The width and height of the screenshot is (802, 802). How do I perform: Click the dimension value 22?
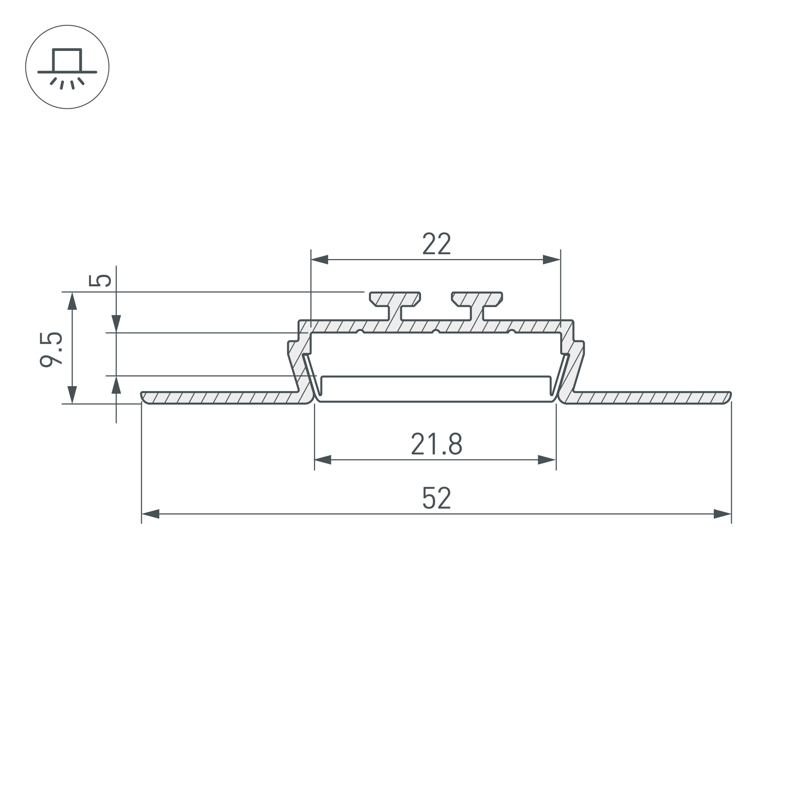click(x=436, y=244)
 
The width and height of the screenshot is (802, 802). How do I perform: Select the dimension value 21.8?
click(x=436, y=444)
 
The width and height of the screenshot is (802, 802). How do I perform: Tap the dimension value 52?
click(x=436, y=498)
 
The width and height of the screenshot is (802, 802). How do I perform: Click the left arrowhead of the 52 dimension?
click(x=151, y=514)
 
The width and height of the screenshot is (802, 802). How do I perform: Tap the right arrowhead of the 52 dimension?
click(x=722, y=514)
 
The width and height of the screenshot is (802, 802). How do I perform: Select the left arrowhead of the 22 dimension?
click(x=320, y=260)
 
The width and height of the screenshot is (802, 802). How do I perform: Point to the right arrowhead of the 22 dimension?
click(x=552, y=260)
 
